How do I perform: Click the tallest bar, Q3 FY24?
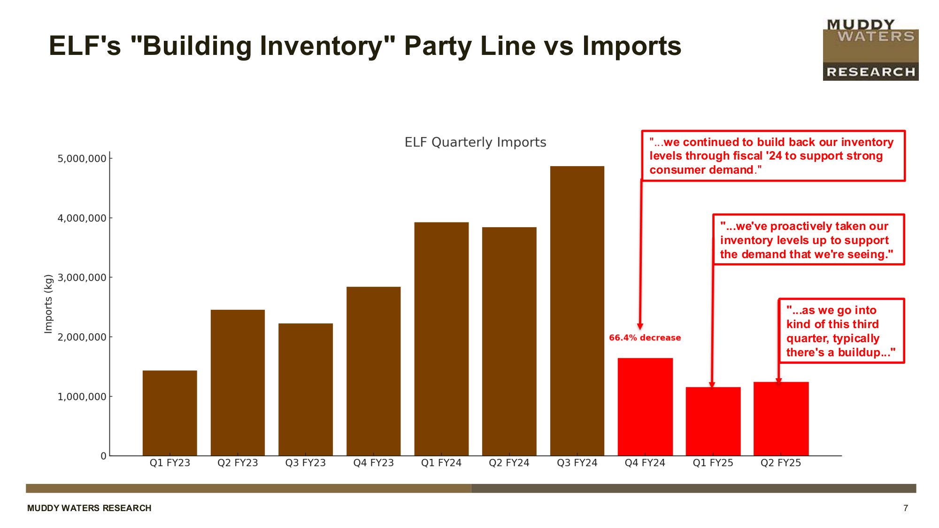click(577, 310)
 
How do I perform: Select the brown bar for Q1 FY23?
click(169, 413)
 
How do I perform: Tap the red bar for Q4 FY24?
click(645, 406)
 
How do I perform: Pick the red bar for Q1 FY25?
click(713, 421)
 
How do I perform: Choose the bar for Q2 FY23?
click(238, 382)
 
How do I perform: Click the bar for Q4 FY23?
click(373, 371)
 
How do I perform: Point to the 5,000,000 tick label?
click(82, 159)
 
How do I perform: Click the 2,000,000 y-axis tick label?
click(82, 337)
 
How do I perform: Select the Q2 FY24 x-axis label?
click(509, 463)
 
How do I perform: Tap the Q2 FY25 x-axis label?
click(781, 463)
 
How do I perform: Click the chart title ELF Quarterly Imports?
click(475, 142)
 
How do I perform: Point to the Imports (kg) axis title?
click(48, 304)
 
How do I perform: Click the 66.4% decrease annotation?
click(645, 337)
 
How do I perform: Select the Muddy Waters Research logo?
click(870, 50)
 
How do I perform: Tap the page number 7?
click(906, 508)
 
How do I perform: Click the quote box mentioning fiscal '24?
click(773, 156)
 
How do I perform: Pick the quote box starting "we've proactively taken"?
click(808, 240)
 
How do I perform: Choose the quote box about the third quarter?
click(841, 331)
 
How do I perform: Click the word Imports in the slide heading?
click(631, 46)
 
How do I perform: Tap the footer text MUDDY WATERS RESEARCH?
click(89, 508)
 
